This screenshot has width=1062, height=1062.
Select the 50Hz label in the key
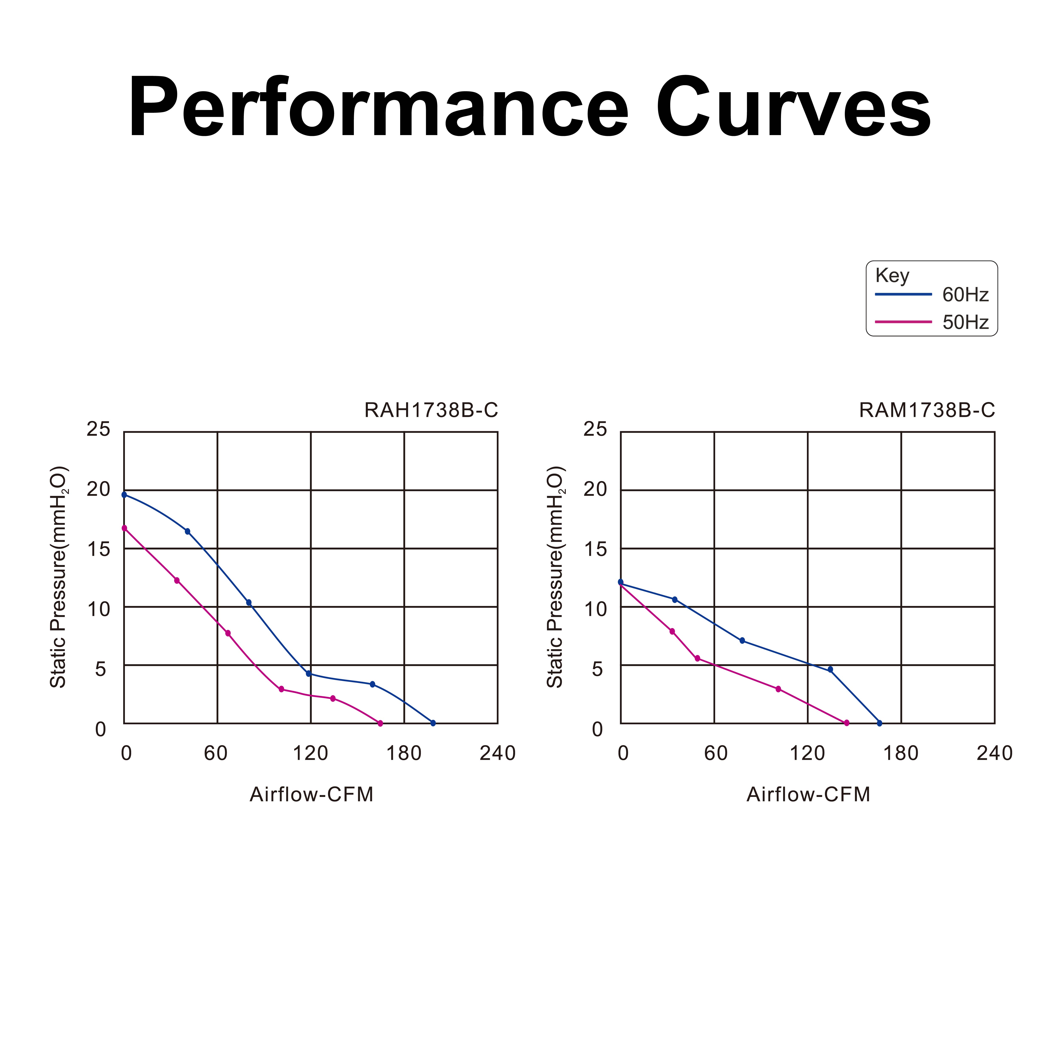pos(965,322)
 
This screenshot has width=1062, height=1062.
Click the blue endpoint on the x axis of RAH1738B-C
pos(433,723)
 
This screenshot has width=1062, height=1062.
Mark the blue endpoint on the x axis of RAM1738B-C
pos(880,723)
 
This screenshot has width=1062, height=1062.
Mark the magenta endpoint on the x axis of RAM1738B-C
pos(847,723)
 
